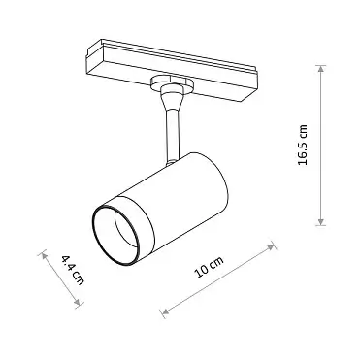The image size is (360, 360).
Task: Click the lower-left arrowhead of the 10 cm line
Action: coord(164,312)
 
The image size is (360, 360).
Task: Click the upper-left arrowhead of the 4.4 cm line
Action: coord(43,254)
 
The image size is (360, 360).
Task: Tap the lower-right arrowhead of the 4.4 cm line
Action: coord(82,306)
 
